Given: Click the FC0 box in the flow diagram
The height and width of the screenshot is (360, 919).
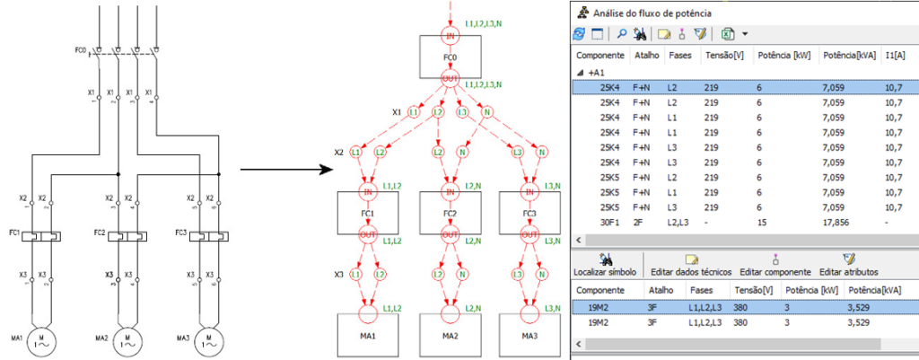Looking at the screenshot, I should tap(450, 59).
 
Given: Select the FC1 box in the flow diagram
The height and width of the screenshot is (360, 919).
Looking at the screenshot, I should tap(368, 215).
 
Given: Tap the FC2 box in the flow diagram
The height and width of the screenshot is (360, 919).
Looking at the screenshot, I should tap(450, 215).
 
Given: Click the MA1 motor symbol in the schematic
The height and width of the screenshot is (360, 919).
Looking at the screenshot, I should tap(41, 338).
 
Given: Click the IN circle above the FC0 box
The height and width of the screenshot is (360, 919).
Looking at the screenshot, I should tap(450, 37).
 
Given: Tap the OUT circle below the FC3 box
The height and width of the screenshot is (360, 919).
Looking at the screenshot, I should tap(531, 234).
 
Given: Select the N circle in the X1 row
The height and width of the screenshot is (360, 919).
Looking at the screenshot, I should tap(486, 112).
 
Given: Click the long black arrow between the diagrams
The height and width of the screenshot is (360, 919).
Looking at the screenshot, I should tap(284, 168).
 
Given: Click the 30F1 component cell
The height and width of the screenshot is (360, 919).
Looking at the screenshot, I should tap(610, 222).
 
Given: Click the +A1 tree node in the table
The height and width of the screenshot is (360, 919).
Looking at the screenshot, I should tap(596, 73).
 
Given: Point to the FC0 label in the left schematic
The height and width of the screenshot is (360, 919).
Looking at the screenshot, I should tap(80, 51).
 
